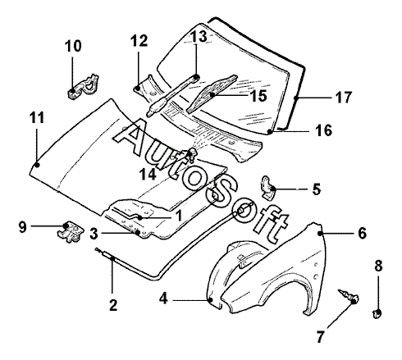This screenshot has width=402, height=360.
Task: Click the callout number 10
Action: tap(73, 46)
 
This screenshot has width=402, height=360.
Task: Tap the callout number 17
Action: tap(343, 98)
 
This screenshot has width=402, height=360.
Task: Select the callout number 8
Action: tap(378, 266)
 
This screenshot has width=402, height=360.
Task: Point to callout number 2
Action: tap(113, 305)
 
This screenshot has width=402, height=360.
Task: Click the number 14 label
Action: tap(148, 174)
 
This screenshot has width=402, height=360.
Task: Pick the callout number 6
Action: tap(362, 234)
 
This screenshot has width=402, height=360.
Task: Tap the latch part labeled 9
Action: tap(71, 232)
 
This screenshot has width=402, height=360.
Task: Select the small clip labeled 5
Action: tap(267, 188)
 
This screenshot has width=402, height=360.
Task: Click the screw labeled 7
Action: tap(349, 295)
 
